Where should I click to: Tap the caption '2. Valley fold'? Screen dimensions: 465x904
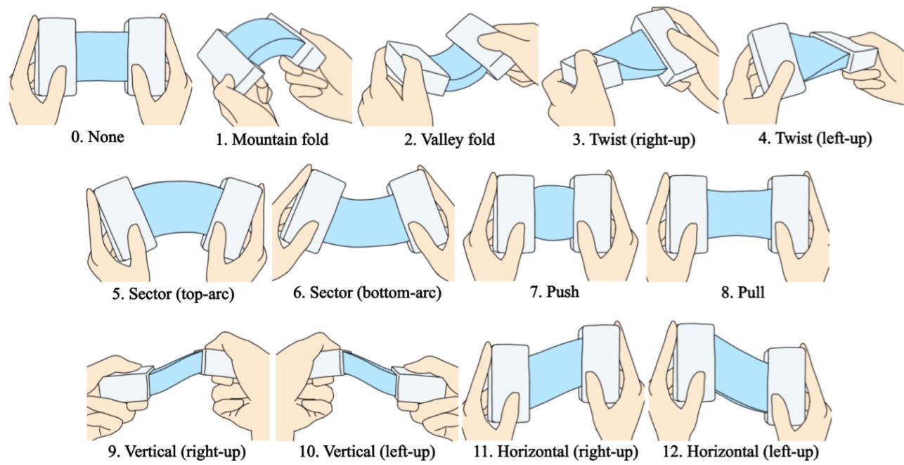pos(449,139)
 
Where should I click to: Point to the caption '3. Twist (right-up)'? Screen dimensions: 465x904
pos(633,139)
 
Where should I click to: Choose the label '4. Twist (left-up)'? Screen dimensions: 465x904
pos(814,139)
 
